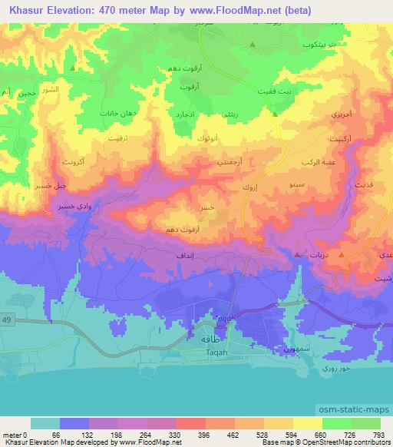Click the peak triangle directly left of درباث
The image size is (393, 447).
pyautogui.click(x=298, y=254)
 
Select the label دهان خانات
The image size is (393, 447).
pyautogui.click(x=118, y=113)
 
